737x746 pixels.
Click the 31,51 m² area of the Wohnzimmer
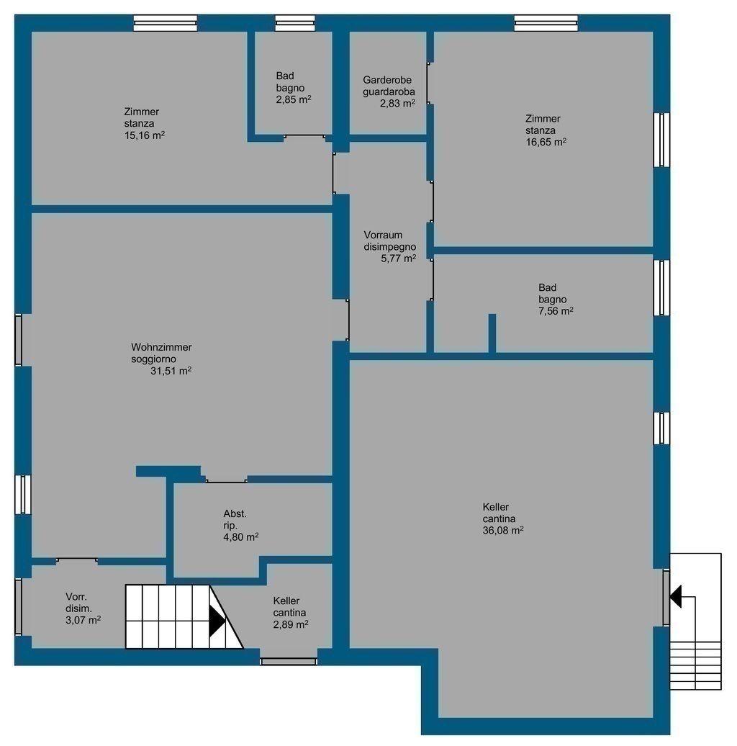click(171, 371)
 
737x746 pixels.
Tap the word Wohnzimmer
click(161, 347)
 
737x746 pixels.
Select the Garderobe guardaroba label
click(389, 86)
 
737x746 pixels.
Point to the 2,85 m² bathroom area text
click(294, 99)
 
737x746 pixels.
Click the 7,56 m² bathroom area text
click(556, 311)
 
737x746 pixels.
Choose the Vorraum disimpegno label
click(389, 241)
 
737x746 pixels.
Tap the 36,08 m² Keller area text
click(503, 531)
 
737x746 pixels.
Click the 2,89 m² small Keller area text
click(291, 624)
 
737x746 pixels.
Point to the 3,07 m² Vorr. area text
click(83, 620)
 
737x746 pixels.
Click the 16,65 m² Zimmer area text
click(546, 142)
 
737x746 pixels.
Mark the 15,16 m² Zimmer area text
click(145, 135)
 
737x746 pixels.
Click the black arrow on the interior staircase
click(217, 621)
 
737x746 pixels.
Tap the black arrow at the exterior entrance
click(675, 596)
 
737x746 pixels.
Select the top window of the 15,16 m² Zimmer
click(165, 23)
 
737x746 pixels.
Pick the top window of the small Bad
click(295, 23)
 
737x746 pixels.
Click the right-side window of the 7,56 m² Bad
click(661, 287)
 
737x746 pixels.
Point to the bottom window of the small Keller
click(289, 661)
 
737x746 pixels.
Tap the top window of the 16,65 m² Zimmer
click(546, 23)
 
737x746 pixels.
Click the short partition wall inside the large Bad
click(492, 333)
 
